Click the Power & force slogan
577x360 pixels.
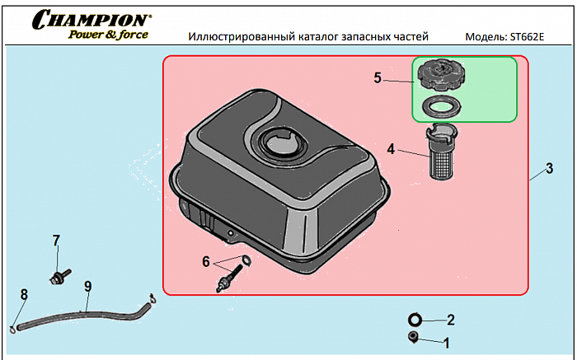click(x=108, y=35)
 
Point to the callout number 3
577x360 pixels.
click(x=549, y=170)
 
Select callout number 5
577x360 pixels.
click(x=378, y=78)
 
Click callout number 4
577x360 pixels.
click(x=391, y=150)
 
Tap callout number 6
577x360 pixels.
click(x=206, y=261)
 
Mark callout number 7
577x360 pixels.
click(x=56, y=241)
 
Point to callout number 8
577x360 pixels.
click(x=24, y=294)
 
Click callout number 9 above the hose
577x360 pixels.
click(x=87, y=286)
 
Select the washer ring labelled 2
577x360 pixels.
click(x=415, y=319)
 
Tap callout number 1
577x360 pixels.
click(x=448, y=340)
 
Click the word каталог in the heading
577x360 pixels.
click(x=339, y=38)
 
